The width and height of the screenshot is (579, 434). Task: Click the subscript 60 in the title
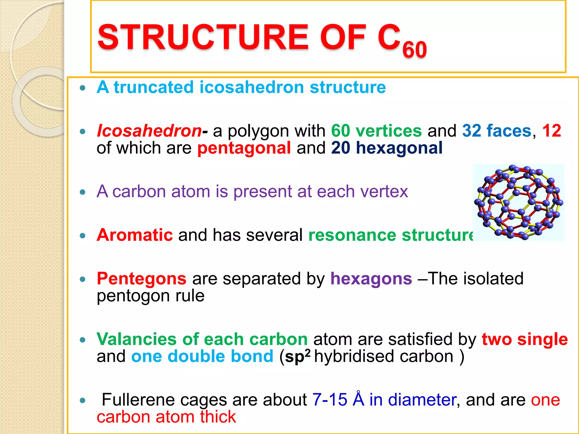pos(414,50)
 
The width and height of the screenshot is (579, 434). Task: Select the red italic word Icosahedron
pos(149,131)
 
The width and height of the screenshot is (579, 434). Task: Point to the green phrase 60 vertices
pos(376,131)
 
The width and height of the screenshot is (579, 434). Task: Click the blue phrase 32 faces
pos(497,131)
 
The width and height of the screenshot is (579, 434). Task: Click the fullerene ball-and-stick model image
pos(518,202)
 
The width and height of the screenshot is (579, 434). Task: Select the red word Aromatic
pos(135,235)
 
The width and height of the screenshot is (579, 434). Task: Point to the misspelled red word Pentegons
pos(142,279)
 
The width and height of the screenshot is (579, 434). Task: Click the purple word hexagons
pos(371,279)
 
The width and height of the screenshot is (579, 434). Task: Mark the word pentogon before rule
pos(133,296)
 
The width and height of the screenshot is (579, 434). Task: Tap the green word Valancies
pos(136,339)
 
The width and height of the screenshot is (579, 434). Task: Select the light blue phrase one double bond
pos(202,356)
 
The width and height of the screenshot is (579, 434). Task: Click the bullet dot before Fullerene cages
pos(83,400)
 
